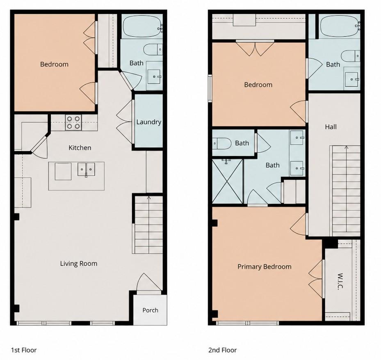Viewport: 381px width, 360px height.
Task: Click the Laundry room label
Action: (149, 122)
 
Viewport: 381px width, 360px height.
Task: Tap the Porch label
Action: (150, 310)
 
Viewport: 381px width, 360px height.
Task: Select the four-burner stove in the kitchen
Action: (73, 122)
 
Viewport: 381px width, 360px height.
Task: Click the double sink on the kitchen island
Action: (86, 170)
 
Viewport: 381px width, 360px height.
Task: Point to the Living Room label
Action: (79, 264)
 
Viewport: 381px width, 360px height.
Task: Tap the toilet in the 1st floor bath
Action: (153, 50)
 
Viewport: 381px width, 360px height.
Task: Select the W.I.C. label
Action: (340, 282)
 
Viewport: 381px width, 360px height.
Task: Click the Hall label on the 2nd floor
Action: (331, 127)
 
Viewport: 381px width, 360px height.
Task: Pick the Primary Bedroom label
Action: (265, 267)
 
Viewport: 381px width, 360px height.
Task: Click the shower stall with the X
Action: (228, 181)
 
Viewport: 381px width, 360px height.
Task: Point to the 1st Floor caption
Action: (24, 350)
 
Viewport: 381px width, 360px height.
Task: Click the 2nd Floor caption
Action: (222, 350)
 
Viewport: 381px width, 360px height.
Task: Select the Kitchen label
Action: (80, 148)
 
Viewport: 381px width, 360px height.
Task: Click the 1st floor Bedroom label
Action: (54, 64)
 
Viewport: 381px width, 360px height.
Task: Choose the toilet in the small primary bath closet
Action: (221, 143)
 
